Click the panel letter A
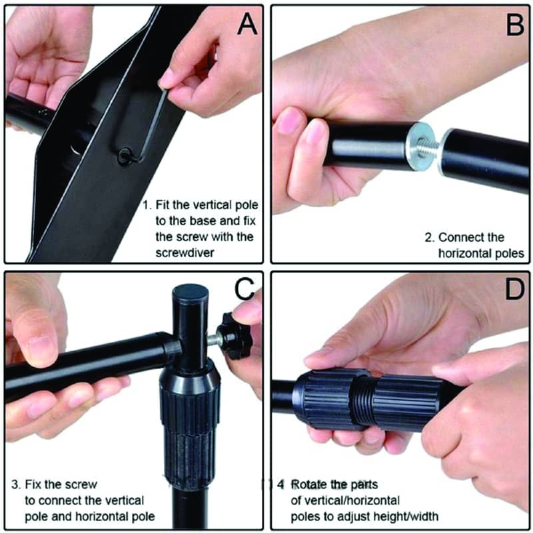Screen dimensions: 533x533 pyautogui.click(x=247, y=24)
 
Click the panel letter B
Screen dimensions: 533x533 pyautogui.click(x=514, y=24)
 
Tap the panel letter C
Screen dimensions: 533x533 pyautogui.click(x=245, y=288)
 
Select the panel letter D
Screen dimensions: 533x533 pyautogui.click(x=514, y=288)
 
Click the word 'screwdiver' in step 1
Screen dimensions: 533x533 pyautogui.click(x=185, y=253)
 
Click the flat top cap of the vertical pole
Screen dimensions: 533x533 pyautogui.click(x=191, y=292)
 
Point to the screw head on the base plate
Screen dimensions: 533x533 pyautogui.click(x=125, y=156)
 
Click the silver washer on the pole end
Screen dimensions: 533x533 pyautogui.click(x=420, y=147)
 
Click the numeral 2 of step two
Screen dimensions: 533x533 pyautogui.click(x=429, y=237)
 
